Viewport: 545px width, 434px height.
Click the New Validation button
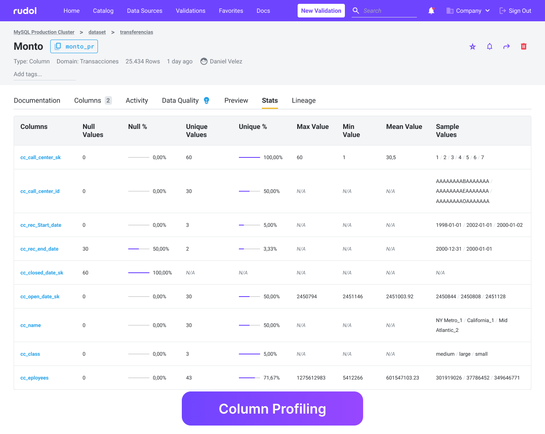coord(321,11)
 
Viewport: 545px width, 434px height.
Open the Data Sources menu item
coord(144,11)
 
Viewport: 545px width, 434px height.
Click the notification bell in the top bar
coord(431,11)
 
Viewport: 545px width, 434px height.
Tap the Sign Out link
coord(515,11)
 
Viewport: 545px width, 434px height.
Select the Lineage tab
coord(304,100)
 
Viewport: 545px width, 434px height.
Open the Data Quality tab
coord(181,100)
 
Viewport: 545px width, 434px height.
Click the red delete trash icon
coord(524,46)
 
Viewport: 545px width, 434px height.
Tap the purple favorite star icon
coord(473,46)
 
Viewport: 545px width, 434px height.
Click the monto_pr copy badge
coord(74,46)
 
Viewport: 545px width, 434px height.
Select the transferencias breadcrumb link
coord(136,32)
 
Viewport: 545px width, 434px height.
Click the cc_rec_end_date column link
coord(40,249)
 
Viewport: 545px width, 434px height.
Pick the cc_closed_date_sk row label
coord(42,273)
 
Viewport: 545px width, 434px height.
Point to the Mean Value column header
coord(404,127)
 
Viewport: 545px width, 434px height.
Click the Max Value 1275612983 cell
coord(311,378)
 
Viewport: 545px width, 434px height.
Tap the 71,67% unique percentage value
coord(272,378)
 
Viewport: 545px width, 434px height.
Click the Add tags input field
coord(45,74)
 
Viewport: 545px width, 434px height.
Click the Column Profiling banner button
coord(272,408)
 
